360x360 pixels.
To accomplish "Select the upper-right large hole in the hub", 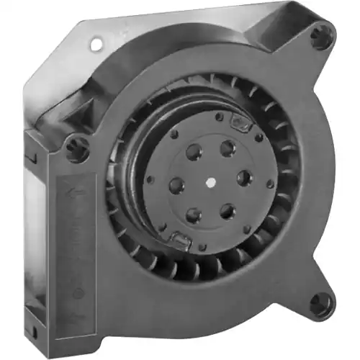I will pos(228,148).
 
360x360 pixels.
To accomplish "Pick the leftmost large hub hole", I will pos(176,186).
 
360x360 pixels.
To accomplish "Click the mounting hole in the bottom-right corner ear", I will pos(319,302).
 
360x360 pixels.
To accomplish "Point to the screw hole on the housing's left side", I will pos(77,150).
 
